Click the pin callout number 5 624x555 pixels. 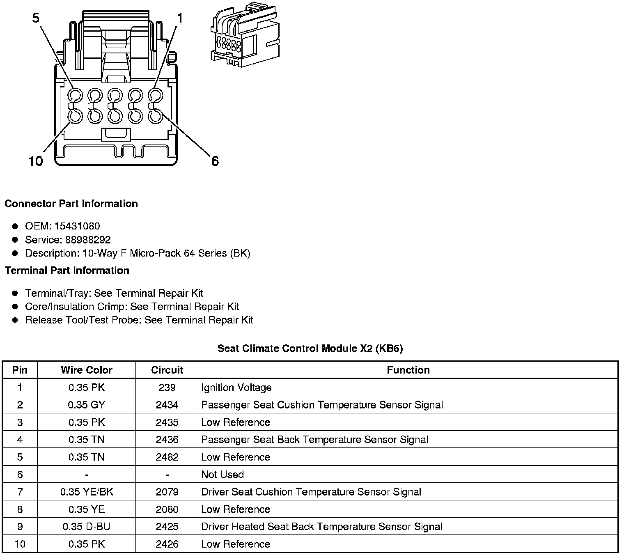(x=37, y=18)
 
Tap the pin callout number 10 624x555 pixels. (x=36, y=161)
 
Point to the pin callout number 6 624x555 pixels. (x=215, y=161)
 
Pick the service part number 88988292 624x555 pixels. (x=88, y=240)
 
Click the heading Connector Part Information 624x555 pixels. (x=71, y=204)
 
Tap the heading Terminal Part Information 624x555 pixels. (x=67, y=271)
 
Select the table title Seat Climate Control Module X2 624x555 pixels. (x=310, y=349)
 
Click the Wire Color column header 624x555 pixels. (x=86, y=370)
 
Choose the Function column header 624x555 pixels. (x=408, y=370)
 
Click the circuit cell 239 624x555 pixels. (x=167, y=388)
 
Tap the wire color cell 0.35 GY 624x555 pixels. (x=86, y=405)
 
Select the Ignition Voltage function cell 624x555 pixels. (x=236, y=388)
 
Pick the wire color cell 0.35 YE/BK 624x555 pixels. (x=86, y=492)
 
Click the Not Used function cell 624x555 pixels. (x=223, y=475)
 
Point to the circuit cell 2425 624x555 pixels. (x=167, y=527)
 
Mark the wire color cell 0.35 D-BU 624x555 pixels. (x=86, y=527)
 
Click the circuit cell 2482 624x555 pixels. (x=167, y=457)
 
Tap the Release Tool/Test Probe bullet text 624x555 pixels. (x=139, y=320)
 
